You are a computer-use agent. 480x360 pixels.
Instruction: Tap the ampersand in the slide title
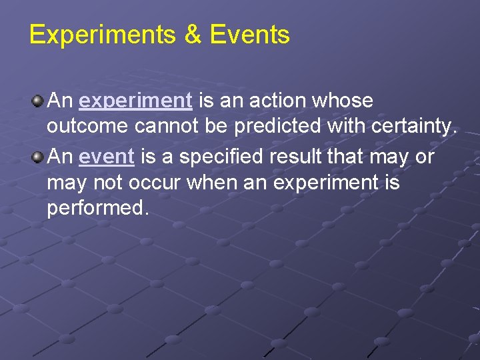(192, 35)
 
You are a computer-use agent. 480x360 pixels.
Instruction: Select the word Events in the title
(250, 35)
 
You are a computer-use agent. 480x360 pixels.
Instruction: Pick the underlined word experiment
(135, 101)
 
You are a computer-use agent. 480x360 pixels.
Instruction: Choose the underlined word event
(107, 157)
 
